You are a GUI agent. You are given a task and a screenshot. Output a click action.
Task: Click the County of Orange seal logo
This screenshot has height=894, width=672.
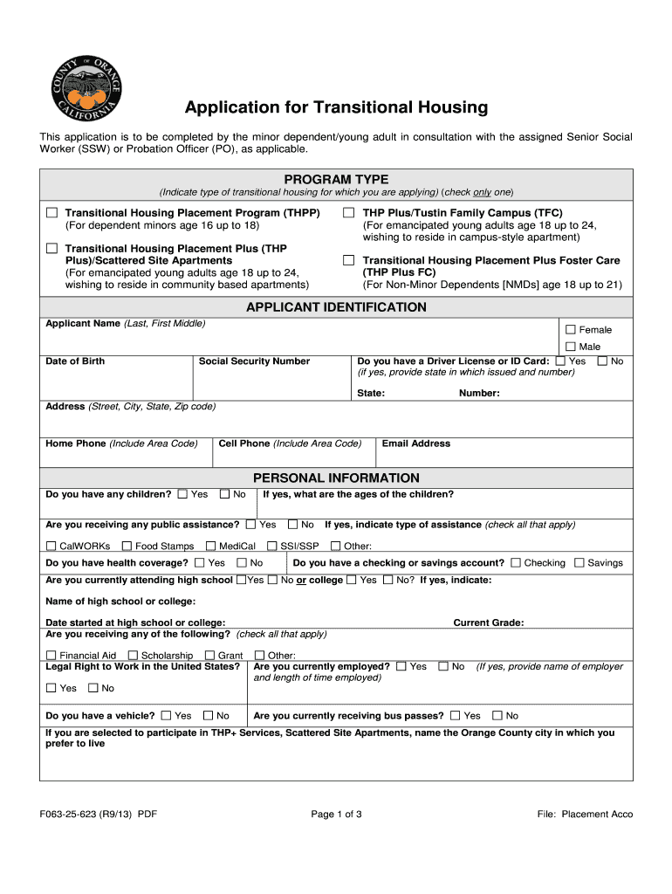click(85, 90)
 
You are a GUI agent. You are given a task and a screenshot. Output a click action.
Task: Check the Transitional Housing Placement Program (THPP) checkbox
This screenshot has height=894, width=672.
click(52, 213)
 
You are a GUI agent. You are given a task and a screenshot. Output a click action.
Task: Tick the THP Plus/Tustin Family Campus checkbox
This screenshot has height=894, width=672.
click(348, 213)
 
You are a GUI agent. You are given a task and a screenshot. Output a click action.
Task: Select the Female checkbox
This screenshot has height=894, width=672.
click(571, 330)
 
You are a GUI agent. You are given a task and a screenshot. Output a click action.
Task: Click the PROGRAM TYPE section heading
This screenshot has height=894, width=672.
click(336, 179)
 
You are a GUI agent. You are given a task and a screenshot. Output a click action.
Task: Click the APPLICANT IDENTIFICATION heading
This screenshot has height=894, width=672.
click(336, 307)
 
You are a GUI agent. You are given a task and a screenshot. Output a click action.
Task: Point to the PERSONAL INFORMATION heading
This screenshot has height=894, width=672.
click(336, 478)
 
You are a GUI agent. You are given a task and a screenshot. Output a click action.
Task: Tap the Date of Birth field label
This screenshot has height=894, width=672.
click(75, 361)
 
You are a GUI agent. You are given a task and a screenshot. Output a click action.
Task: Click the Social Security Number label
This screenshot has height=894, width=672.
click(254, 361)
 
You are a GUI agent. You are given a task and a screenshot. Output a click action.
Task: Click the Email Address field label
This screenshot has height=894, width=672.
click(416, 444)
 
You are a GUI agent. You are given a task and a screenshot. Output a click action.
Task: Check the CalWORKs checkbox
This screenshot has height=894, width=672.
click(51, 547)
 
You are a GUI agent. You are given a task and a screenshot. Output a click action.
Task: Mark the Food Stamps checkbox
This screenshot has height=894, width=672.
click(127, 547)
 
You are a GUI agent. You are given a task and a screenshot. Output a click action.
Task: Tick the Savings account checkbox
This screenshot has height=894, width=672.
click(579, 563)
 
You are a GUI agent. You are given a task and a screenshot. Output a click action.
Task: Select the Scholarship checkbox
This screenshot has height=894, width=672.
click(133, 656)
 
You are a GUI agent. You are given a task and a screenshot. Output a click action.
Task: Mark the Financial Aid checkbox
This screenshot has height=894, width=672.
click(51, 656)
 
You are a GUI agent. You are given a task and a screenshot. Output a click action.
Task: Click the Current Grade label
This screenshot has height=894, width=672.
click(488, 622)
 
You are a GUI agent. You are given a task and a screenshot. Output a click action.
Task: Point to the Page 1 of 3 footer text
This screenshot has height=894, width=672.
click(336, 815)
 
